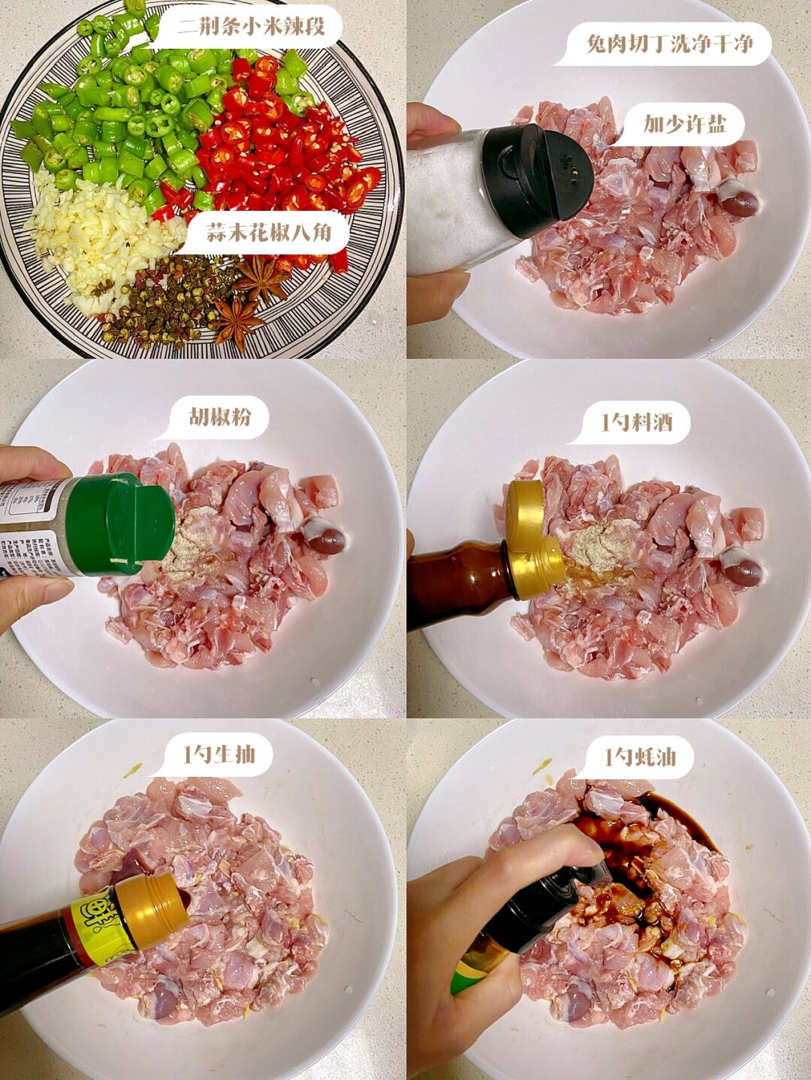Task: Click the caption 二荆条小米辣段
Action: click(x=251, y=29)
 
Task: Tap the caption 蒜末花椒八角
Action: click(x=267, y=233)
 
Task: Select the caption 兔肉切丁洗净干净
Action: click(x=668, y=44)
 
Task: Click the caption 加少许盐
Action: click(x=684, y=124)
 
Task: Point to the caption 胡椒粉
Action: click(x=219, y=417)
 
